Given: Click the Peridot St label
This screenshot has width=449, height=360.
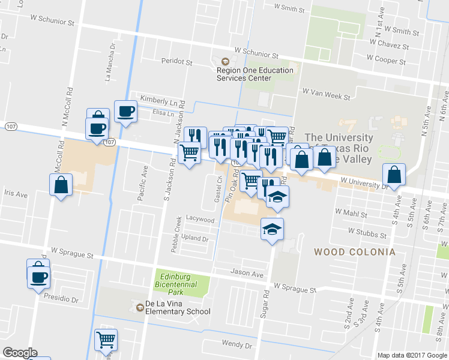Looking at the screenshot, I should pyautogui.click(x=176, y=61).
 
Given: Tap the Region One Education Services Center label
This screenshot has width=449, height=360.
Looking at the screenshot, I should pyautogui.click(x=255, y=74).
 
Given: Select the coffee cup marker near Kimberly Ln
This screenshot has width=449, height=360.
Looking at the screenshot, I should pyautogui.click(x=125, y=112).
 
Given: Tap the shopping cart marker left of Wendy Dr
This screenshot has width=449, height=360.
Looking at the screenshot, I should pyautogui.click(x=106, y=340).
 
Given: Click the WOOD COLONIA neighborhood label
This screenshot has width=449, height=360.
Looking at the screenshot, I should pyautogui.click(x=355, y=252).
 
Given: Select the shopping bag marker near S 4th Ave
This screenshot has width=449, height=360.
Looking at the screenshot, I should pyautogui.click(x=393, y=176).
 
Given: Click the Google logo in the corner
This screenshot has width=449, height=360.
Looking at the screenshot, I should pyautogui.click(x=20, y=353).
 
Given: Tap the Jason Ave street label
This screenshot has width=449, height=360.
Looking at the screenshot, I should pyautogui.click(x=247, y=273).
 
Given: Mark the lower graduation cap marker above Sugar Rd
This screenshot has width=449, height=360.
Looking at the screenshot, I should pyautogui.click(x=272, y=229).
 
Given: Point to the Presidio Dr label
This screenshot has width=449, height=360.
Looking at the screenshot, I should pyautogui.click(x=58, y=298).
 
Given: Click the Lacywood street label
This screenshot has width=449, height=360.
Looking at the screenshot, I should pyautogui.click(x=200, y=220).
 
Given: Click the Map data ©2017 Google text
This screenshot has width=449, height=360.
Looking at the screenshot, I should pyautogui.click(x=412, y=355).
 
